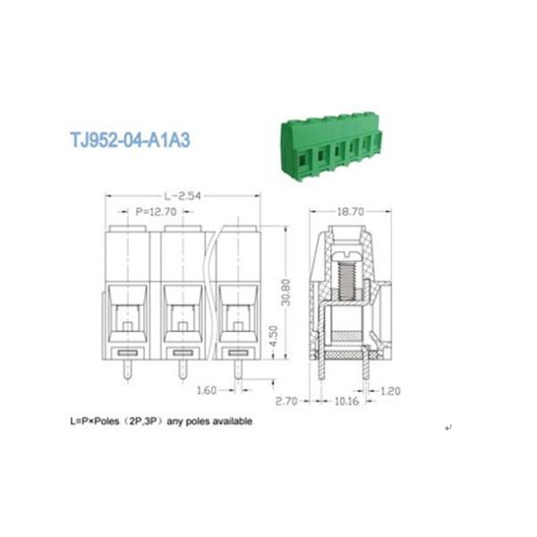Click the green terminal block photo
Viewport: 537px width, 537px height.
pos(331,143)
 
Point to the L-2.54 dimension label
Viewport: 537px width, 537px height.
pos(183,194)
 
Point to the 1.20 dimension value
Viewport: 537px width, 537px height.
pos(390,391)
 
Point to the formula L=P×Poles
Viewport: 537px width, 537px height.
pos(98,421)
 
